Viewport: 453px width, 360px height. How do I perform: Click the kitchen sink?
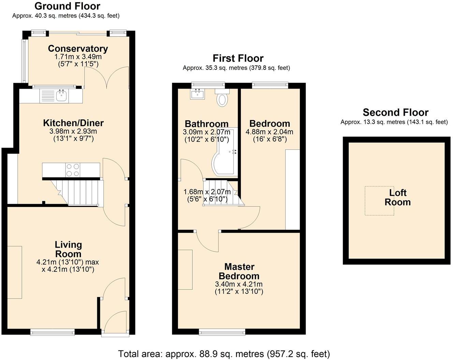coord(61,96)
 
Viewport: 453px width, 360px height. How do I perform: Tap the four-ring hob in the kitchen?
coord(73,170)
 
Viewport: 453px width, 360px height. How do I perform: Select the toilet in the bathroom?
coord(222,99)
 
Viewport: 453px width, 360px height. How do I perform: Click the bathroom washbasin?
coord(198,94)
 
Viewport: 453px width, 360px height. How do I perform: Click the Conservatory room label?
coord(78,49)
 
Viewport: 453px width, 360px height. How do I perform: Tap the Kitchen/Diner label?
coord(73,123)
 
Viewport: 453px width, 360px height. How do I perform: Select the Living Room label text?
coord(69,249)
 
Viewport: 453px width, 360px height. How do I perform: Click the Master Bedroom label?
coord(239,271)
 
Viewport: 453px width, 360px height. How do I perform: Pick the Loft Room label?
coord(398,197)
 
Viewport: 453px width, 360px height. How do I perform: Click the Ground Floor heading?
coord(67,6)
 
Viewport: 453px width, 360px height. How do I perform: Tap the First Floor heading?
coord(238,58)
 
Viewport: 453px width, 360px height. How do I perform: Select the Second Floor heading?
coord(395,112)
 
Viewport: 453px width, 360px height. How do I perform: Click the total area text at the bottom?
coord(224,354)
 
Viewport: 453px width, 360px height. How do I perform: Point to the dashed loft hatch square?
coord(379,200)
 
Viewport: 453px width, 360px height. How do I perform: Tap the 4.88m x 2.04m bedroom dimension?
coord(269,132)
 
